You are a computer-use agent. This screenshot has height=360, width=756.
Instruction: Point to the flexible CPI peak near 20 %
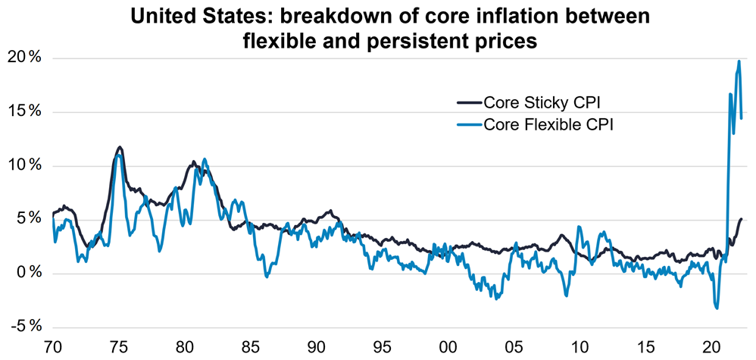point(739,61)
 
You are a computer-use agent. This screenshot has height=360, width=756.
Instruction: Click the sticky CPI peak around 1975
point(120,147)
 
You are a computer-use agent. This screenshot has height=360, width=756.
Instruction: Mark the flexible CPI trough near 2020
point(717,307)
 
